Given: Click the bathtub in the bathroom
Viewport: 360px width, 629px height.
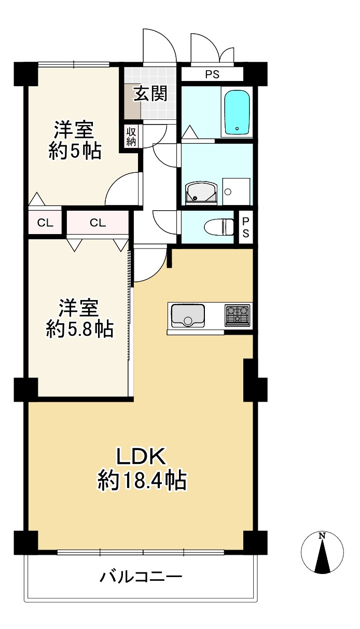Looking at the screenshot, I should pyautogui.click(x=237, y=112).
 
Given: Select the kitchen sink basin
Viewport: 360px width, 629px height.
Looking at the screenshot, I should pyautogui.click(x=187, y=316).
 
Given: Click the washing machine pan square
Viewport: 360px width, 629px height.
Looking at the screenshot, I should pyautogui.click(x=236, y=191).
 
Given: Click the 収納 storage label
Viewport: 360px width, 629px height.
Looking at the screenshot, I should pyautogui.click(x=130, y=136).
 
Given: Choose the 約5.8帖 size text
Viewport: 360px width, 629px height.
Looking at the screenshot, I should pyautogui.click(x=79, y=329).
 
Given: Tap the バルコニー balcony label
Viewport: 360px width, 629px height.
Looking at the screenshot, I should pyautogui.click(x=141, y=576).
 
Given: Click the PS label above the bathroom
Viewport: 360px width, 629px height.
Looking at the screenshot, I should pyautogui.click(x=212, y=75).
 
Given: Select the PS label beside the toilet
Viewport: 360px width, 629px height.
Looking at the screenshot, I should pyautogui.click(x=245, y=227).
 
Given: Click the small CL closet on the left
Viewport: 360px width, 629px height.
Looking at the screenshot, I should pyautogui.click(x=45, y=223).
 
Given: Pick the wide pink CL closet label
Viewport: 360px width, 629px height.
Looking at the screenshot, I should pyautogui.click(x=98, y=223).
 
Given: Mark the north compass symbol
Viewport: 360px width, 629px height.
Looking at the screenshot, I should pyautogui.click(x=322, y=553).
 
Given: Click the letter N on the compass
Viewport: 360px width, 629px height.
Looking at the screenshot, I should pyautogui.click(x=322, y=536).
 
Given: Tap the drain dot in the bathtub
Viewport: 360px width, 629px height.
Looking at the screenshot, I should pyautogui.click(x=237, y=128).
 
